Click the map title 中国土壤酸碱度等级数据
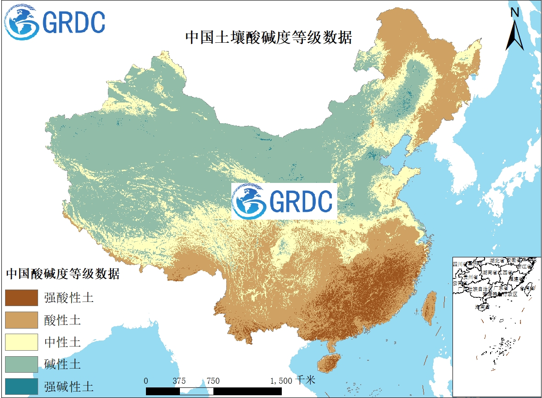point(268,37)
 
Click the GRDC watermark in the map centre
point(284,201)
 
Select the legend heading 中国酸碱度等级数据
point(63,274)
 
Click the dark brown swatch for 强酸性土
point(21,297)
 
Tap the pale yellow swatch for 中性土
point(21,342)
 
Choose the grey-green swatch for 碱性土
point(21,364)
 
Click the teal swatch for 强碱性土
point(21,387)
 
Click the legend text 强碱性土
point(69,387)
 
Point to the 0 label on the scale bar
point(146,381)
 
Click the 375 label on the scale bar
point(179,381)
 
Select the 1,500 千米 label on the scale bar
point(293,381)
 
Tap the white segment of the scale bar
point(197,391)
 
